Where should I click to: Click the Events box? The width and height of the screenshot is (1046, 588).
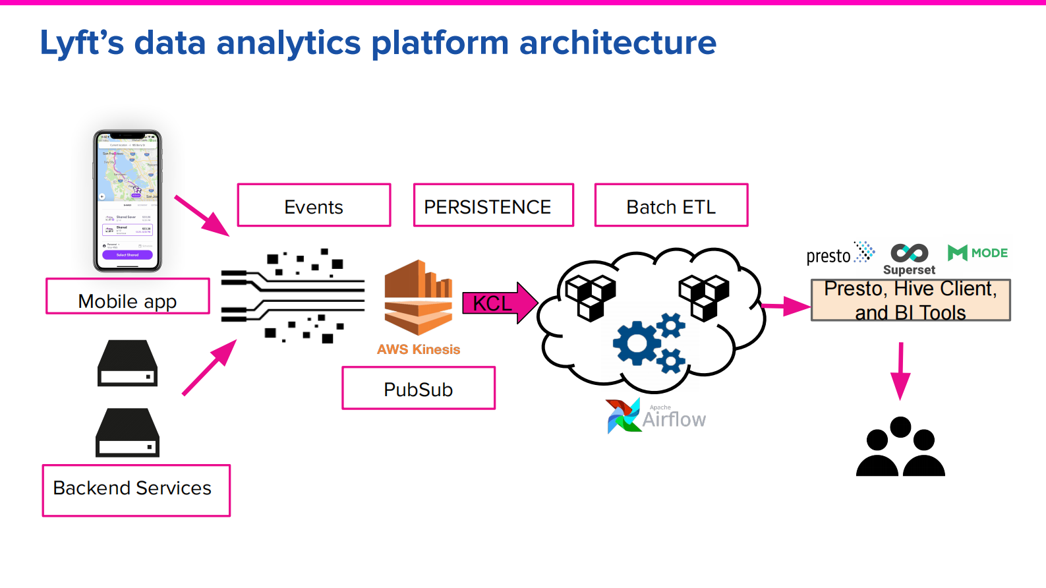point(314,206)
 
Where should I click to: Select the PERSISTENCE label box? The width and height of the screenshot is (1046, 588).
point(493,206)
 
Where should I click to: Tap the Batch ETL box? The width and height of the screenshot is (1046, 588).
point(671,206)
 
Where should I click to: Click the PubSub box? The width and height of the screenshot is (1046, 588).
point(418,388)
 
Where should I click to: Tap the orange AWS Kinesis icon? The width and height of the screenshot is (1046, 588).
point(418,298)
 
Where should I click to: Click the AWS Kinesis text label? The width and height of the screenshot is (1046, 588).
point(418,349)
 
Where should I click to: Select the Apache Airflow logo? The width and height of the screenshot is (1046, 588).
point(655,416)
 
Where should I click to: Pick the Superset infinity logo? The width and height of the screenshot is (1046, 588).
point(909,254)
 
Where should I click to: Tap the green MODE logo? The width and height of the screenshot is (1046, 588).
point(977,252)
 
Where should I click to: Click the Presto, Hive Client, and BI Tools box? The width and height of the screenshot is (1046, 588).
point(910,300)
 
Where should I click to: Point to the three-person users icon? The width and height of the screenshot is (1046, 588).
point(900,448)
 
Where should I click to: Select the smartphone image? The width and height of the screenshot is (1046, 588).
point(127,201)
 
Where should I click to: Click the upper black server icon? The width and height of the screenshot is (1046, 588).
point(127,363)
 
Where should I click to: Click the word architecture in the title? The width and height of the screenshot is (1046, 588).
point(617,43)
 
